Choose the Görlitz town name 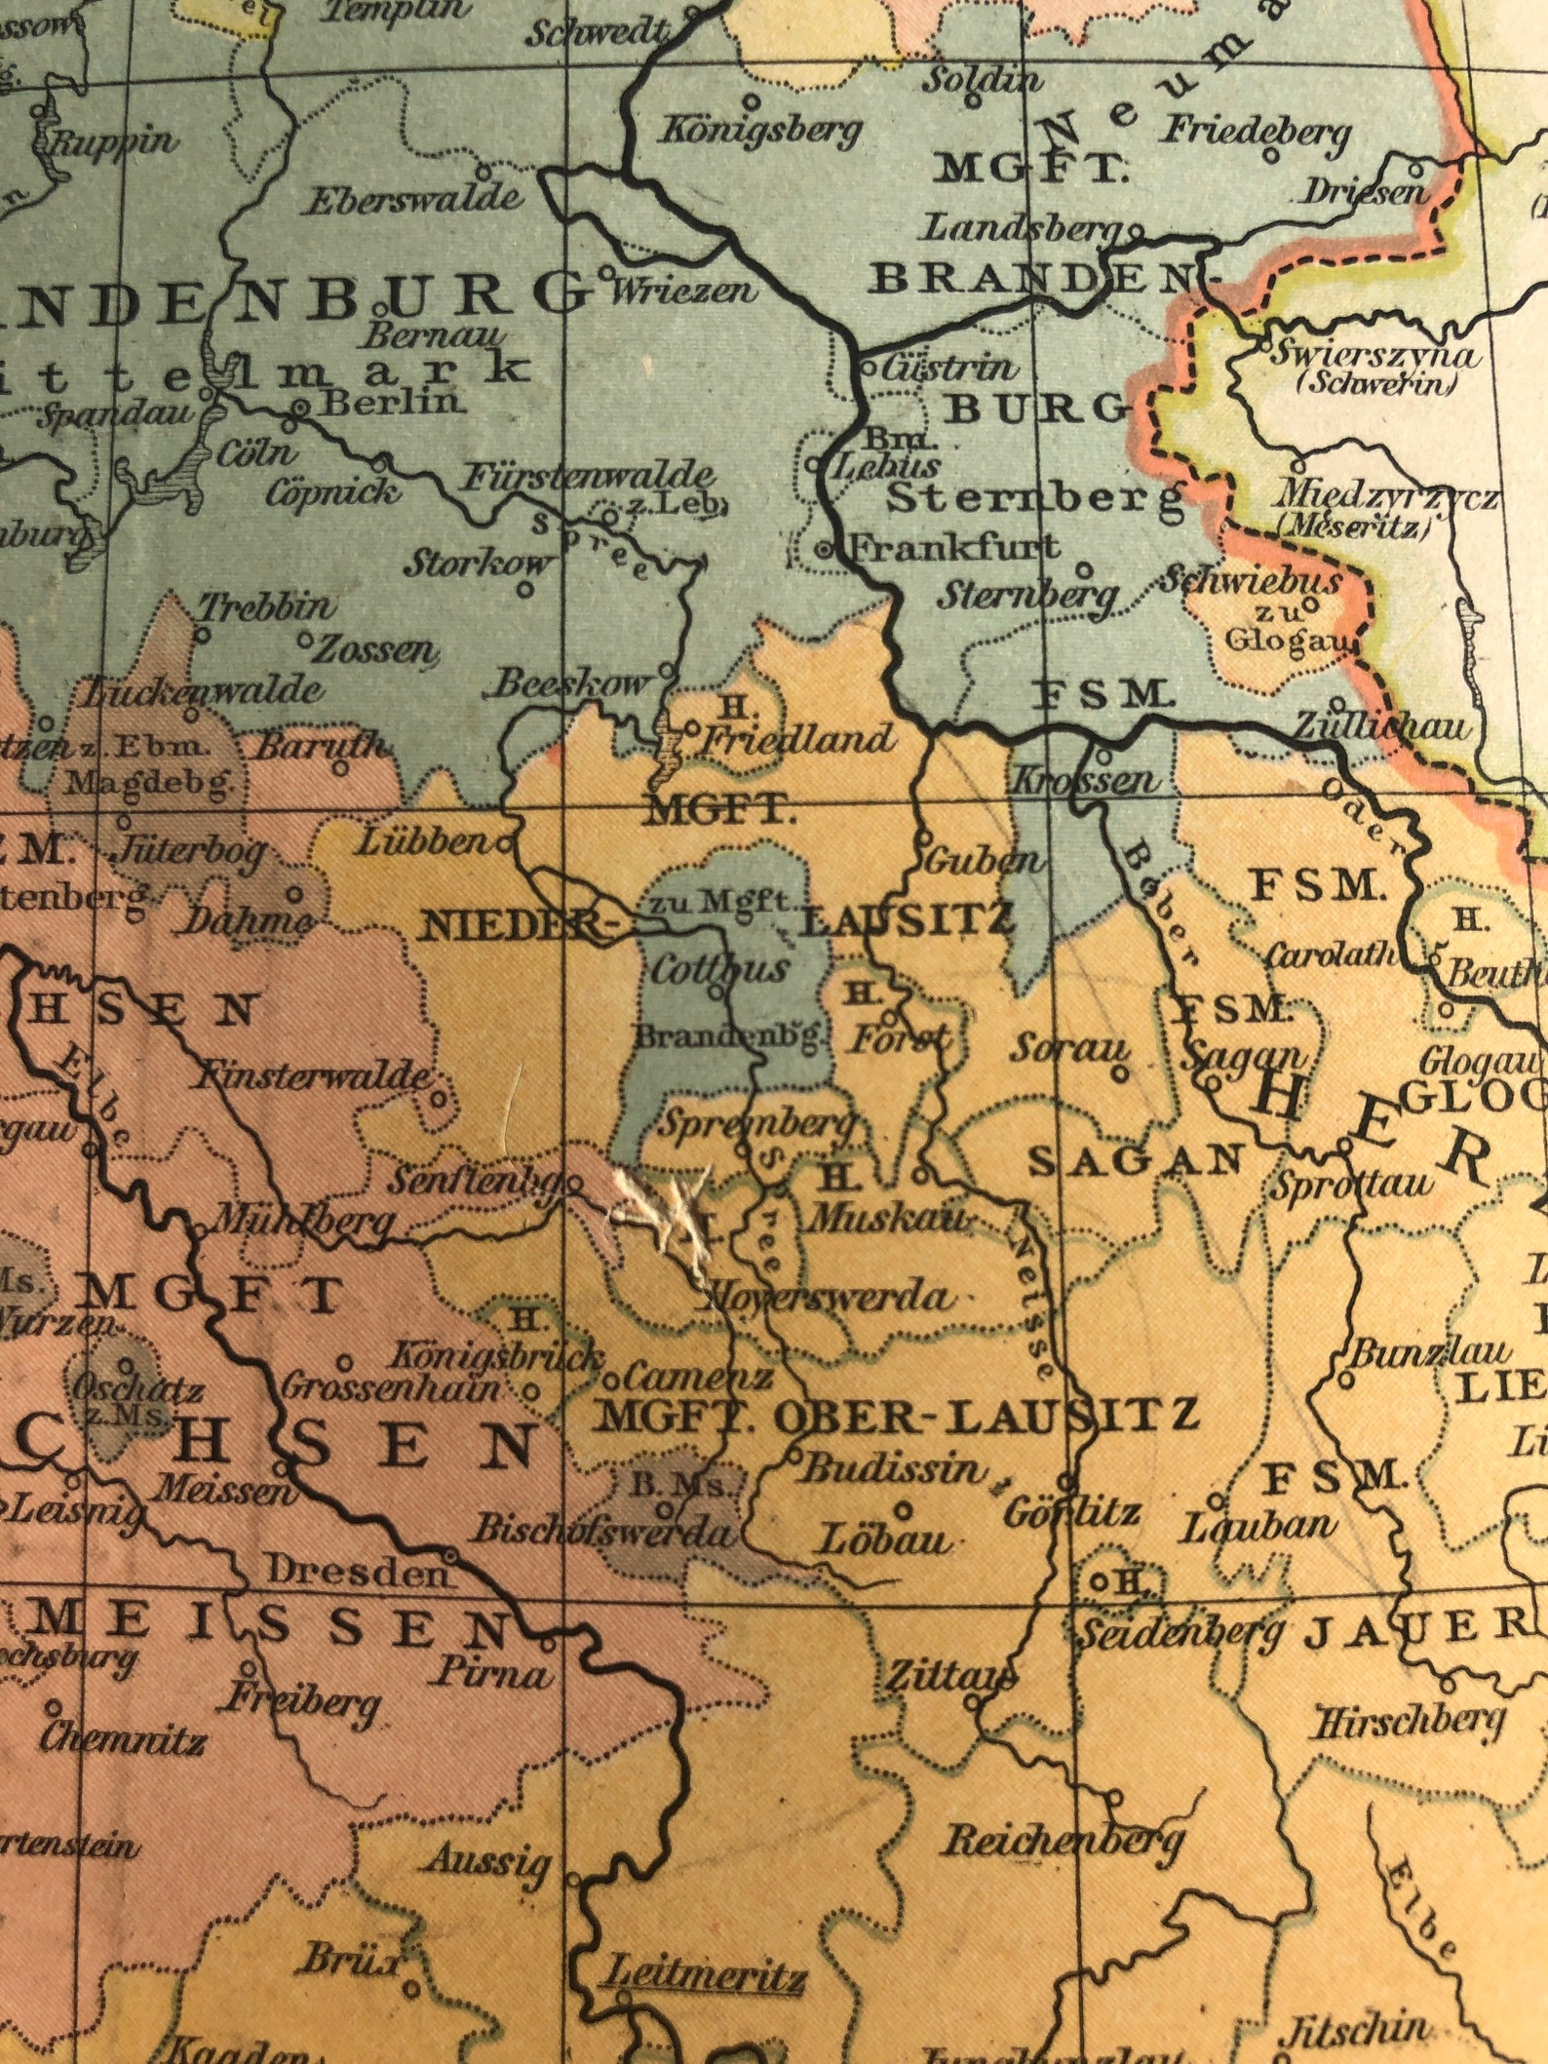coord(1070,1513)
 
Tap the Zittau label coord(950,1676)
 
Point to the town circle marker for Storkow coord(525,589)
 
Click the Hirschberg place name coord(1410,1723)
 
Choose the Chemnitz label coord(122,1738)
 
